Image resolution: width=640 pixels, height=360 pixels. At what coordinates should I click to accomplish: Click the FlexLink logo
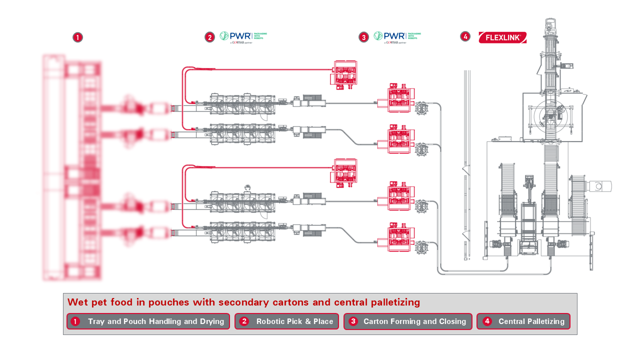(x=502, y=37)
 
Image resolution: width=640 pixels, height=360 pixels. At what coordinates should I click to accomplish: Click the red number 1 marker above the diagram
(x=77, y=37)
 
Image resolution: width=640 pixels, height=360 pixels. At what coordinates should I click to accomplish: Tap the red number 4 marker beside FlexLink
(x=465, y=36)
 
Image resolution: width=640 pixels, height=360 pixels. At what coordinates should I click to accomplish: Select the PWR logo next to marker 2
(x=243, y=36)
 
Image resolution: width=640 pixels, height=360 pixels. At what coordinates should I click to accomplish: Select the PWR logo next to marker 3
(x=397, y=36)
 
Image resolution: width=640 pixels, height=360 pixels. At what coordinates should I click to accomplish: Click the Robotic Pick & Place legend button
(x=286, y=321)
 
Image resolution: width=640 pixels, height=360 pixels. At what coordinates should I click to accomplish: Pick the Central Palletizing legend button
(x=523, y=321)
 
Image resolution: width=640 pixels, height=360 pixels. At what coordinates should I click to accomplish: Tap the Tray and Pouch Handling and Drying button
(x=148, y=321)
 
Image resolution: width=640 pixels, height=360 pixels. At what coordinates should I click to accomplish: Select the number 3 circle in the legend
(x=353, y=321)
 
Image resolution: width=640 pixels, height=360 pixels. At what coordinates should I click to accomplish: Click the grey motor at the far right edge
(x=600, y=186)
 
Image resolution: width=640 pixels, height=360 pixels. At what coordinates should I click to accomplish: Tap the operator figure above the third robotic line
(x=247, y=187)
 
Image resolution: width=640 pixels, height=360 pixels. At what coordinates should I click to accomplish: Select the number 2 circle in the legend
(x=244, y=321)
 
